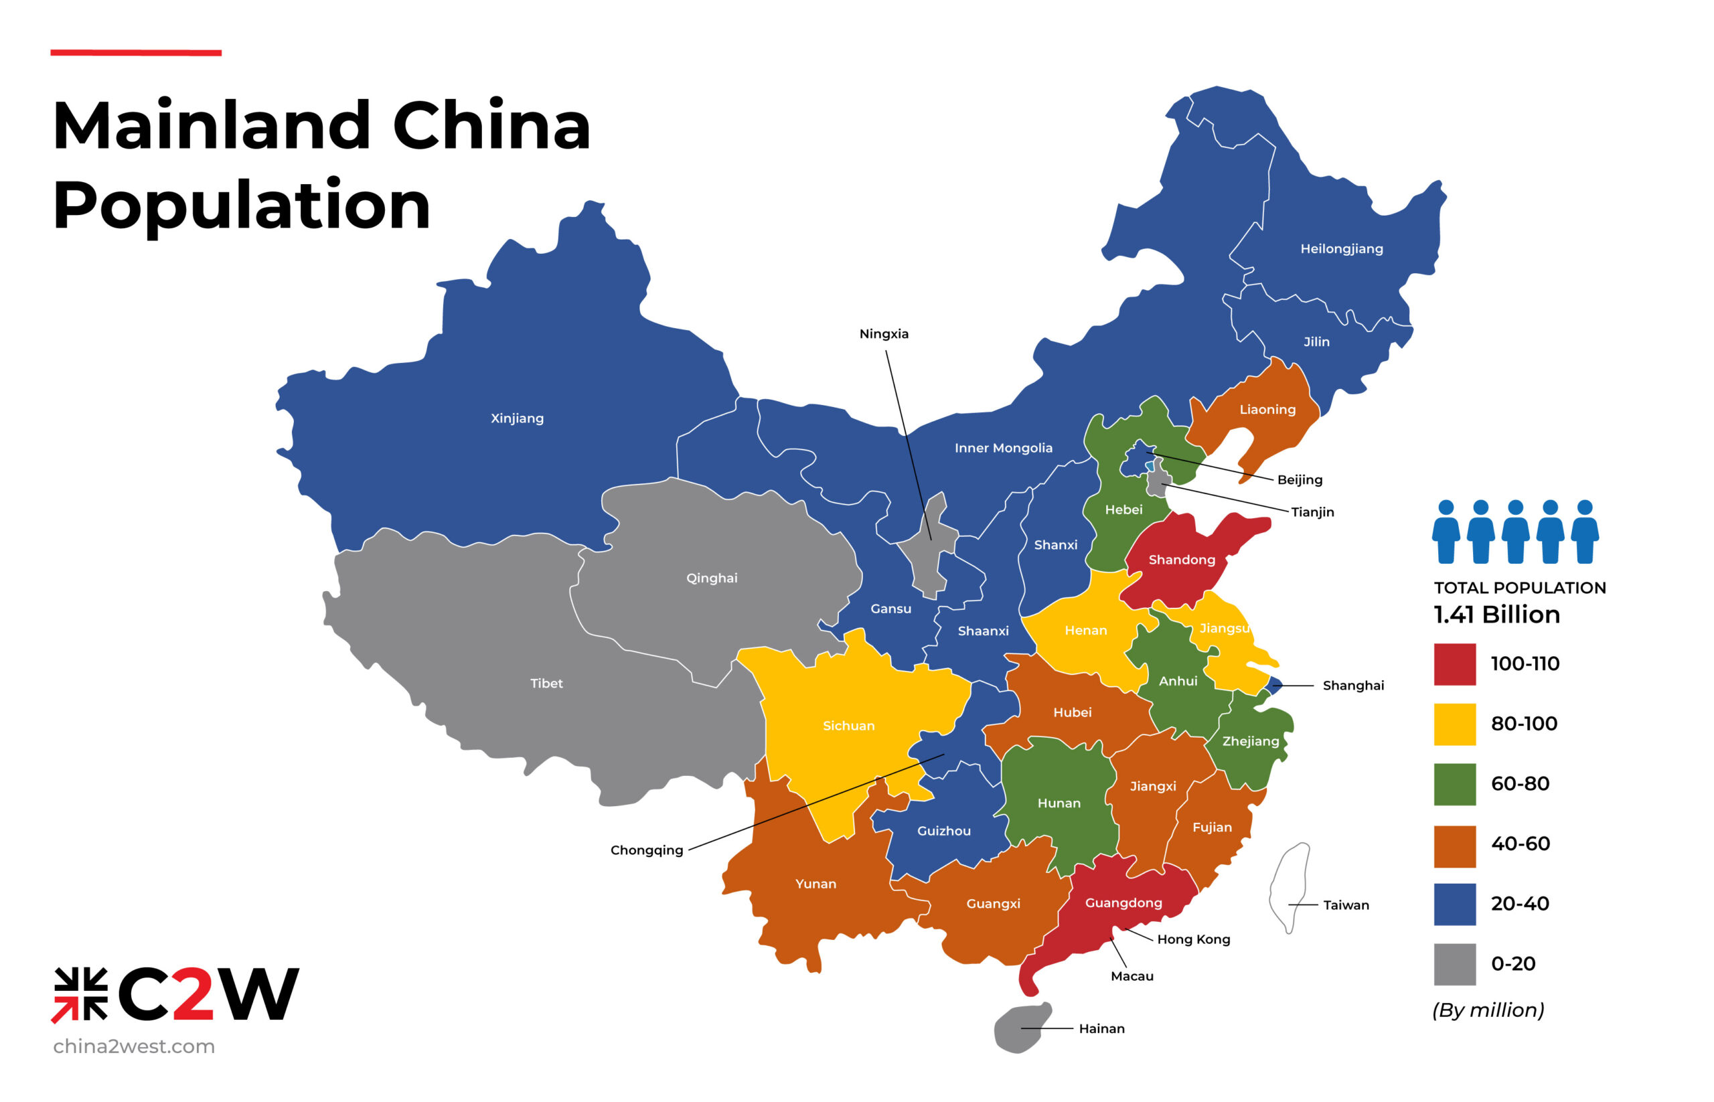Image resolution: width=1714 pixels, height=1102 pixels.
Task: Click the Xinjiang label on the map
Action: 517,418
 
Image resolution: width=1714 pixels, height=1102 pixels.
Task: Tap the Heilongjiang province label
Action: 1341,248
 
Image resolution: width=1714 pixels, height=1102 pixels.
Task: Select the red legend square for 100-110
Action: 1454,663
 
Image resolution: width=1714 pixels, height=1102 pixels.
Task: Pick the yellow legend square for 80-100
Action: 1454,724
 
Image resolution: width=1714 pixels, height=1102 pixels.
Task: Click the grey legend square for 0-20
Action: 1454,963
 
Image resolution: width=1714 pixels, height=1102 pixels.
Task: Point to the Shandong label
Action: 1182,559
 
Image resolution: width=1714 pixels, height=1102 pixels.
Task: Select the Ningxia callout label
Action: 883,333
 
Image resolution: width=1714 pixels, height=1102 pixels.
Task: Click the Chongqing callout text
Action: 646,850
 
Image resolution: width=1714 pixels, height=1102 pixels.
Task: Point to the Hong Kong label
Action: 1193,939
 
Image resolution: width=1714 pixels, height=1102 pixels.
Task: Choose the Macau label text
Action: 1132,976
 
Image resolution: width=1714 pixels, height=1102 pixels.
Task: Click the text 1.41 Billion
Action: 1496,614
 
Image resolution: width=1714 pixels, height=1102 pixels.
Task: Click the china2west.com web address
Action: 134,1046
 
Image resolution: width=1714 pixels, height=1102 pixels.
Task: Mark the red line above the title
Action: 135,52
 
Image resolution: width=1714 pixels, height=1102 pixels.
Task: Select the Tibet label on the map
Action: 546,683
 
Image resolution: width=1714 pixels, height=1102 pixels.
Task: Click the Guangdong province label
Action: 1123,902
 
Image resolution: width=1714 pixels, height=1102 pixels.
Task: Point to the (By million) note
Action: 1487,1010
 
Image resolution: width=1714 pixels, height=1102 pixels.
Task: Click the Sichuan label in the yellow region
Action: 848,726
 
